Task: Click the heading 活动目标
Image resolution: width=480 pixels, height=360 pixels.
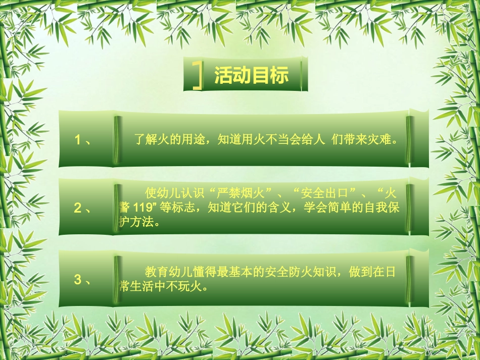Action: point(251,76)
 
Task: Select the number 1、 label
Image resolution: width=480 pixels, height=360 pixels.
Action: point(82,140)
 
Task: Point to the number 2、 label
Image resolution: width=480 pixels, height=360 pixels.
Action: point(82,208)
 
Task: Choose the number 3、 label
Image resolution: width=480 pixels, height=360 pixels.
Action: point(82,279)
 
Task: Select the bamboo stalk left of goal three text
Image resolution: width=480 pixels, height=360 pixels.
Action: point(117,279)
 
